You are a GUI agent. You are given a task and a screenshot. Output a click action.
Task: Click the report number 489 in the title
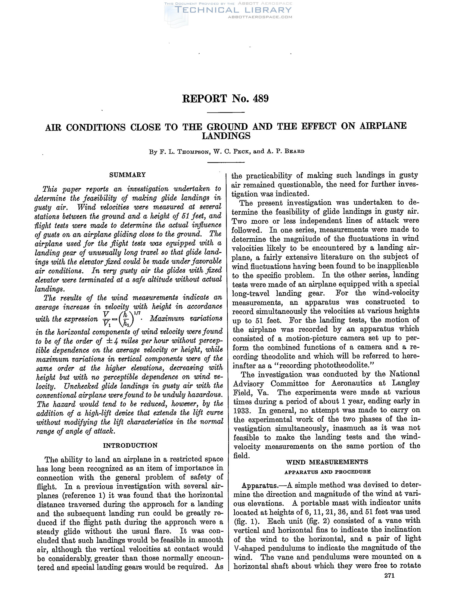(x=261, y=99)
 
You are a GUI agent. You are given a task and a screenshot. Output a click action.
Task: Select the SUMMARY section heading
(x=127, y=175)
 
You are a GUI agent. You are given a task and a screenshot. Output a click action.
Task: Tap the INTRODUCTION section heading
(x=130, y=445)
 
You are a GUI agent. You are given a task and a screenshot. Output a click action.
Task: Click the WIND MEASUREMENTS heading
(x=327, y=462)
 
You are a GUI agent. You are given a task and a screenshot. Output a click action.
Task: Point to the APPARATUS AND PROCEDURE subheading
(x=327, y=472)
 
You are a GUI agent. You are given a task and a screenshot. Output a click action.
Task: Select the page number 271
(x=389, y=575)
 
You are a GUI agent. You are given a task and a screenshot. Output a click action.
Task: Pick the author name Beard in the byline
(x=295, y=151)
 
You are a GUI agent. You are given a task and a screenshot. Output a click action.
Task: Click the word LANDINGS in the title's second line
(x=226, y=136)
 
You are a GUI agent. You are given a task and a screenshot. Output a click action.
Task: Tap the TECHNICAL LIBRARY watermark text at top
(x=233, y=10)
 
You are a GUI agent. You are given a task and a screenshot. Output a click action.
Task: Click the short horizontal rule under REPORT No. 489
(x=226, y=113)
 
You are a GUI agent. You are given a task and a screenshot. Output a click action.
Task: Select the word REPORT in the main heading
(x=205, y=99)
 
